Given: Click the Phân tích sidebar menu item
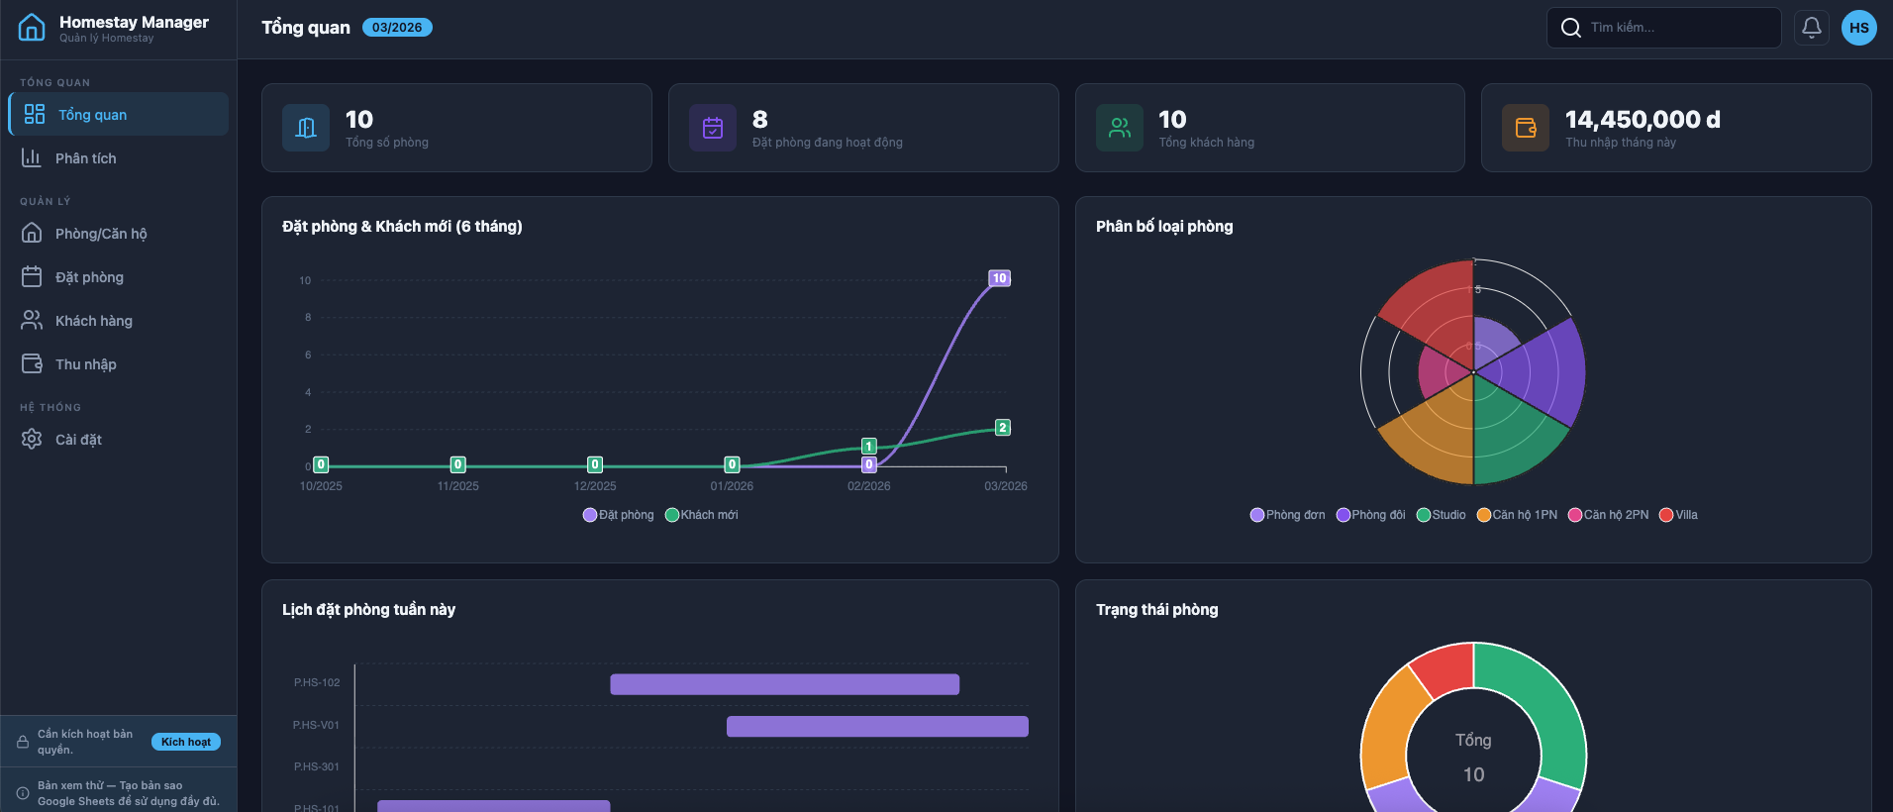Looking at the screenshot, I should [x=85, y=158].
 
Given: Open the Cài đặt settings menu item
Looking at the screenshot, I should [x=78, y=440].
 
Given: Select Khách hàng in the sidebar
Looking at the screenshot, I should [x=93, y=321].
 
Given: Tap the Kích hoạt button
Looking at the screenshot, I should [x=186, y=742].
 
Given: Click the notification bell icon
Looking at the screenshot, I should [x=1811, y=28].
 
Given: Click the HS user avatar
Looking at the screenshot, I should [x=1858, y=28].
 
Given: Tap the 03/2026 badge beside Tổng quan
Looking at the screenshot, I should [x=397, y=28].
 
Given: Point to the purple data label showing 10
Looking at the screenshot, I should [x=1000, y=278].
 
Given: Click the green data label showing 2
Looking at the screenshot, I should [x=1003, y=428].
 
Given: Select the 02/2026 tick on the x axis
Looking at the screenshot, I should [x=868, y=486].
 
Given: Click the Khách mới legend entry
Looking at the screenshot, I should [x=702, y=515].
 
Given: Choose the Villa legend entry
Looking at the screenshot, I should [x=1679, y=515].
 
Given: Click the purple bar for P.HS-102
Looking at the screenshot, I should [x=784, y=684].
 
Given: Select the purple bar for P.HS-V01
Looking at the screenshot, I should [x=877, y=727].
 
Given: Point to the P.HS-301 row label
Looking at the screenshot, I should [x=316, y=766].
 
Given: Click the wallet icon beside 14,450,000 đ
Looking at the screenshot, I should [x=1526, y=128].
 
